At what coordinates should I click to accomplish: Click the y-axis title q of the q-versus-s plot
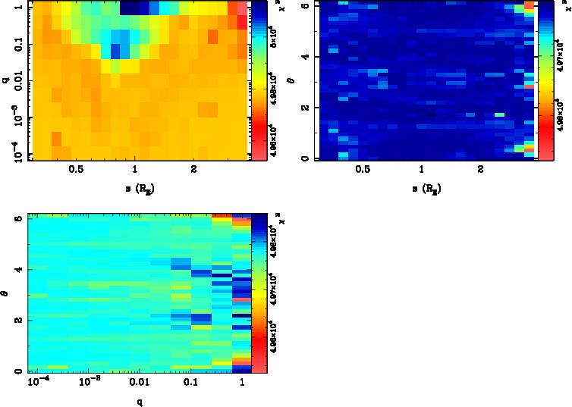(5, 80)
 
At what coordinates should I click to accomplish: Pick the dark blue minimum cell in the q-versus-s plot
(116, 52)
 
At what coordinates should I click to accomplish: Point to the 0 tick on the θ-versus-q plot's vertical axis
(17, 371)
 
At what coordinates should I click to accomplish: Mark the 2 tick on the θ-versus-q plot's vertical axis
(17, 321)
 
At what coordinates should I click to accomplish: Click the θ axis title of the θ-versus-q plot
(6, 293)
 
